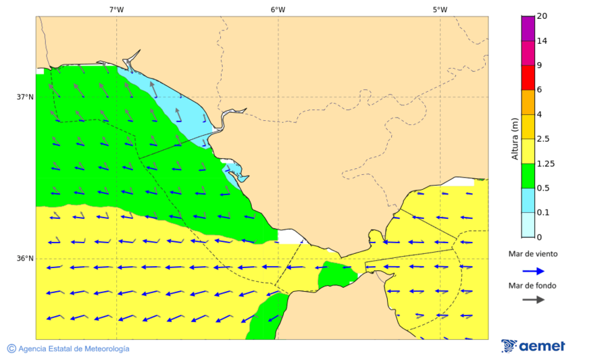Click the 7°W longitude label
pyautogui.click(x=116, y=9)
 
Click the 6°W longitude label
pyautogui.click(x=278, y=9)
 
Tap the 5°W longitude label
pyautogui.click(x=440, y=9)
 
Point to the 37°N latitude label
pyautogui.click(x=25, y=97)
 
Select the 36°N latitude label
pyautogui.click(x=25, y=259)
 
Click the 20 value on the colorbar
pyautogui.click(x=542, y=16)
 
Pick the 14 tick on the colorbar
pyautogui.click(x=542, y=41)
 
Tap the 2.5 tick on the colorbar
pyautogui.click(x=543, y=139)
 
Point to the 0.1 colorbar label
pyautogui.click(x=543, y=213)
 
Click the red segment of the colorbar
pyautogui.click(x=528, y=78)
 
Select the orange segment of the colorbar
pyautogui.click(x=528, y=102)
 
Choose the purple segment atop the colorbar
pyautogui.click(x=528, y=28)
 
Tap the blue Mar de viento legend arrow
pyautogui.click(x=533, y=271)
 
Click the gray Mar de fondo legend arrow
pyautogui.click(x=533, y=299)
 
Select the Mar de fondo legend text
pyautogui.click(x=533, y=285)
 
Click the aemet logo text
pyautogui.click(x=542, y=346)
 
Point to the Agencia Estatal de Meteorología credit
pyautogui.click(x=74, y=349)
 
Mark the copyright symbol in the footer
pyautogui.click(x=11, y=349)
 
